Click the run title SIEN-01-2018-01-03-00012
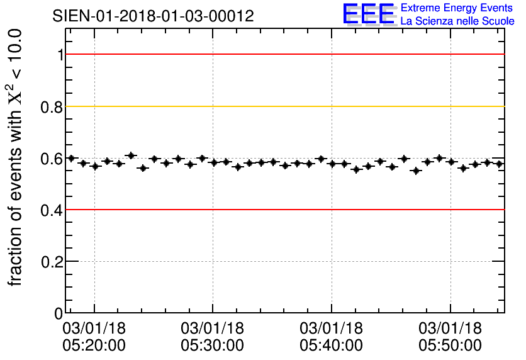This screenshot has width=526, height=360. [154, 16]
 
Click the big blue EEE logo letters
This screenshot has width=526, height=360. [369, 14]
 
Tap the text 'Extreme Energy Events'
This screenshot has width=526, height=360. [457, 8]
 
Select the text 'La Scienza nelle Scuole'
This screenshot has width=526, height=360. [457, 21]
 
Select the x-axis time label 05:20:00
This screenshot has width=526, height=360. [94, 346]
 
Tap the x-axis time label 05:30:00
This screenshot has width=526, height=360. [213, 346]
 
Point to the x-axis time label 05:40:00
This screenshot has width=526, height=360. [332, 346]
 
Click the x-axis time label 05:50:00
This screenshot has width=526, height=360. [450, 346]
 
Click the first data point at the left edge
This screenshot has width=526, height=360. [71, 158]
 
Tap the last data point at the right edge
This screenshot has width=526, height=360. [500, 164]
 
